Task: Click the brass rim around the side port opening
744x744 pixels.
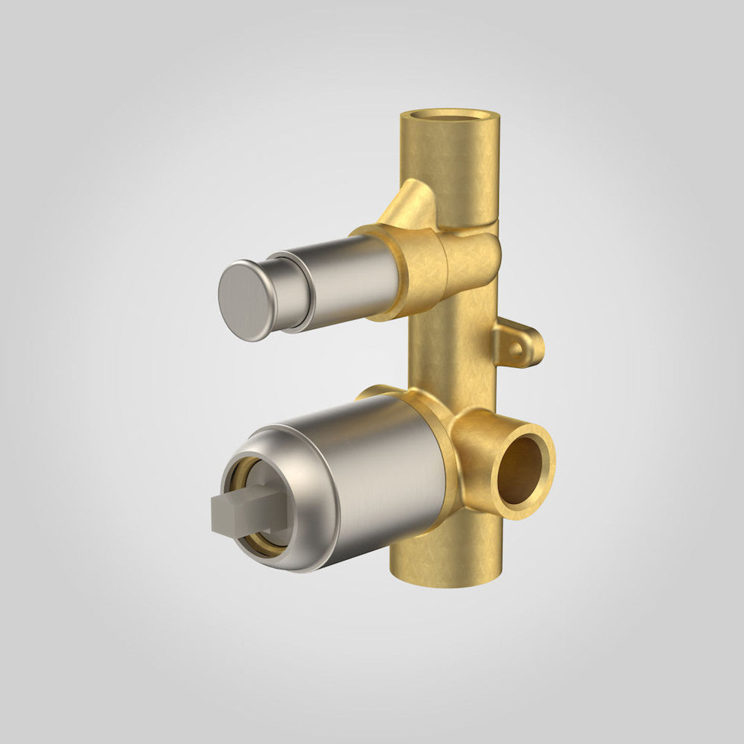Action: click(546, 465)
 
